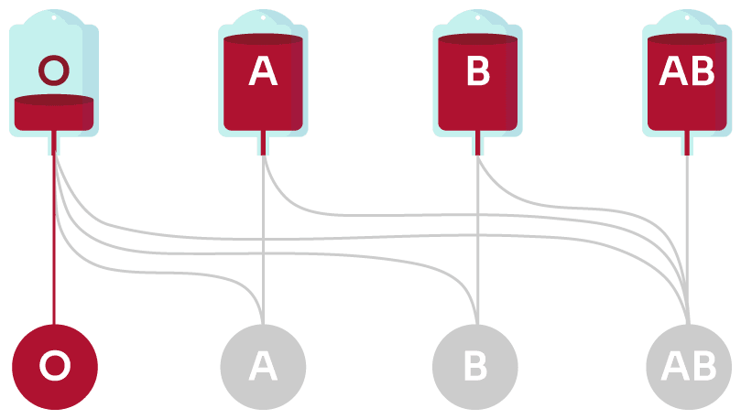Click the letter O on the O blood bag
coord(54,70)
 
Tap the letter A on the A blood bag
coord(263,71)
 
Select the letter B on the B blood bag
coord(477,71)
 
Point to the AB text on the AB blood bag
coord(688,71)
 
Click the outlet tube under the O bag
coord(54,144)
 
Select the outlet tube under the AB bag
coord(688,144)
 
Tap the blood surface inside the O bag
coord(54,100)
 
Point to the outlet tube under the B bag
coord(477,144)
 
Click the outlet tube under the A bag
coord(263,144)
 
